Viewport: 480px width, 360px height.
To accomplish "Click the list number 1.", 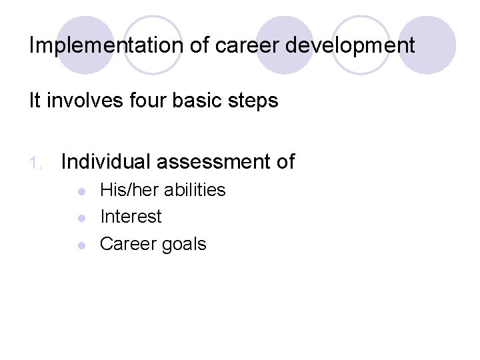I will tap(38, 162).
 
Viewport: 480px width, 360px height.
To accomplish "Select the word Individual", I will tap(107, 161).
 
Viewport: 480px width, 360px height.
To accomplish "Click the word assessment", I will tap(215, 161).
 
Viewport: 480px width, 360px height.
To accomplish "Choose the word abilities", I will tap(195, 190).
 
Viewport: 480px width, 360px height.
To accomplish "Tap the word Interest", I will tap(131, 217).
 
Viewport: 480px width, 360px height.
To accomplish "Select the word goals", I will tap(183, 245).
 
